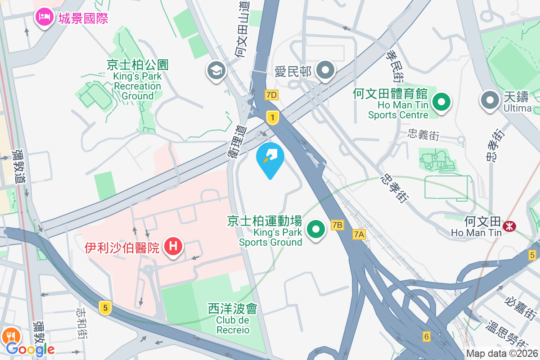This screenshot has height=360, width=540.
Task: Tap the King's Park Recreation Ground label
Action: [x=137, y=81]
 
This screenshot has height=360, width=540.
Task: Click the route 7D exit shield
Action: [x=271, y=95]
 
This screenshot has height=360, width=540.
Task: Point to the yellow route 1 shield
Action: [x=272, y=117]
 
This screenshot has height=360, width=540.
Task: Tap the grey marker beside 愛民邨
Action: [x=325, y=71]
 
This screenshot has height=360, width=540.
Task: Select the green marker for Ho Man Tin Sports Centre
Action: [x=441, y=101]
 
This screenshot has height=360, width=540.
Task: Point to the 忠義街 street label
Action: [x=423, y=134]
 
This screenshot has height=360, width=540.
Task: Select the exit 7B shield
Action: [x=337, y=225]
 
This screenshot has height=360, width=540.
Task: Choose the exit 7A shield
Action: [x=359, y=234]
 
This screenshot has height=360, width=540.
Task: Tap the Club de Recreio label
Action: [x=233, y=319]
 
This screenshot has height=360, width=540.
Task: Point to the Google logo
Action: [x=30, y=349]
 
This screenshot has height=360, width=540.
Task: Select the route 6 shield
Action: [x=427, y=336]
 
